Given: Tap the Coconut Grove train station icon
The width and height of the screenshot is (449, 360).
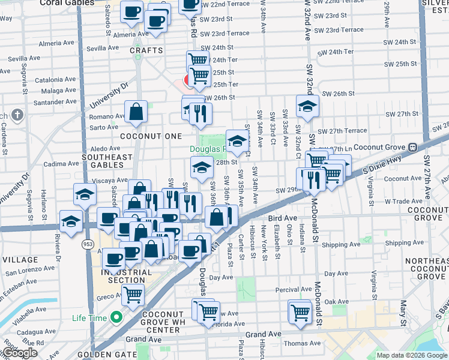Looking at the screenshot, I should pos(413,147).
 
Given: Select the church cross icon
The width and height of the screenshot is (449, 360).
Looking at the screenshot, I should pos(18,114).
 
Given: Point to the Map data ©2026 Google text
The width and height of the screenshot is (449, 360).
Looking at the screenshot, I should pos(412,355).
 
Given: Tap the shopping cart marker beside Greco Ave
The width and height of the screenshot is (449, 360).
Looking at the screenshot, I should pos(132,294).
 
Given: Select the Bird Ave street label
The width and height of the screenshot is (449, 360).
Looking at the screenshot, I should pos(283,218).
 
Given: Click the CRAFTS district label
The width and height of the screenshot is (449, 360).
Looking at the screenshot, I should pos(146,50).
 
